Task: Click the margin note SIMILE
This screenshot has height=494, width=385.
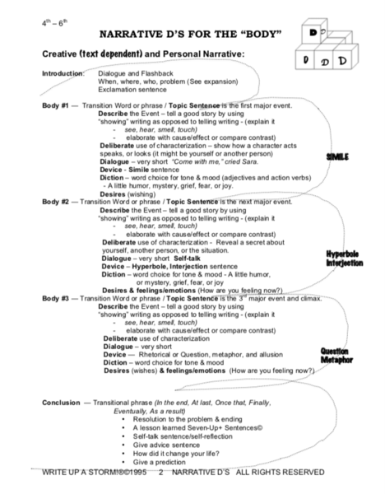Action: point(337,156)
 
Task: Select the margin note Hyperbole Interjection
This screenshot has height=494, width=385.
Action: point(341,259)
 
